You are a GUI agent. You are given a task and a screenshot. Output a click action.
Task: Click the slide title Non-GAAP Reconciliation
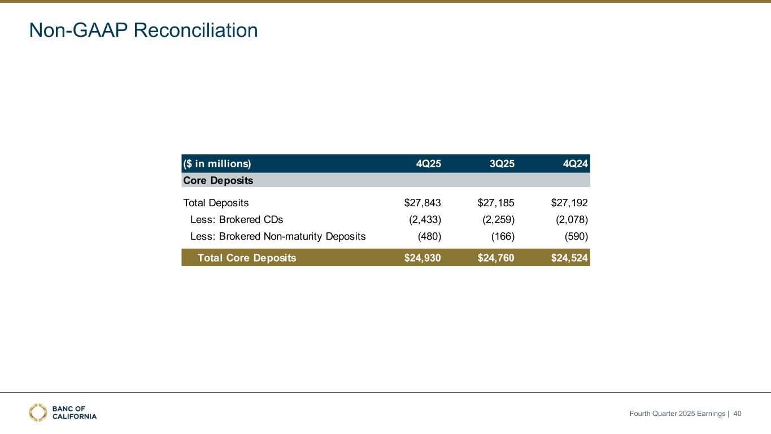pos(143,31)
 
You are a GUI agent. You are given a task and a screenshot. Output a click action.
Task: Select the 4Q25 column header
pos(428,164)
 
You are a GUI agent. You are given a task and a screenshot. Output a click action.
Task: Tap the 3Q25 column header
pos(502,164)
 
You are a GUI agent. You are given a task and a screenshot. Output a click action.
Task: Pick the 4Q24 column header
pos(575,164)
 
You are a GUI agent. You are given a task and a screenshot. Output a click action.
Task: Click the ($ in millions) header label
pos(217,164)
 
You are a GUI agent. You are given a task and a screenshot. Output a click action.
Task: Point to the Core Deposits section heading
pos(218,181)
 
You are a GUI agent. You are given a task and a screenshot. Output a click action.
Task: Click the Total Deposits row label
pos(216,202)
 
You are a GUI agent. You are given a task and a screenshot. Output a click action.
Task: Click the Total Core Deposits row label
pos(247,258)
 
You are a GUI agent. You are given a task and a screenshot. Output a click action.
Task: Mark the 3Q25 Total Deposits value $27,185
pos(496,202)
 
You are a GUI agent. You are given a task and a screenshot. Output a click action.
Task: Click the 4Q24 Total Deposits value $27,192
pos(569,202)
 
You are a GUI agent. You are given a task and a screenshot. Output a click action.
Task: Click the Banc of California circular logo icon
pos(38,413)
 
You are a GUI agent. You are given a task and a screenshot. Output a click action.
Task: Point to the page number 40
pos(737,414)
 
